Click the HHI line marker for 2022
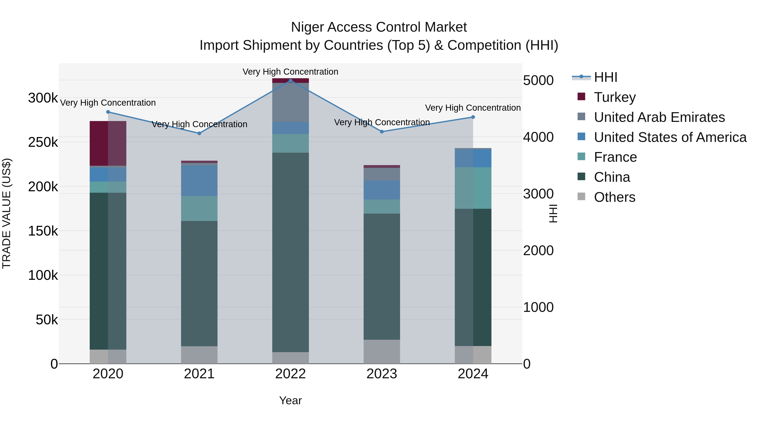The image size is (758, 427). tap(290, 81)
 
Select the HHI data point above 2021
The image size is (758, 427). tap(199, 133)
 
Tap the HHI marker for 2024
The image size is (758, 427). tap(473, 117)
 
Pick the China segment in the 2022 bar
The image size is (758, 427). tap(290, 252)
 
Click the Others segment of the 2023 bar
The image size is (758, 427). tap(382, 351)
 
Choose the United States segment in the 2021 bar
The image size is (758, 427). tap(199, 181)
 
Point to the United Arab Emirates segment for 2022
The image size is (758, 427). tap(290, 102)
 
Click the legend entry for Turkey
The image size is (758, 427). tap(615, 97)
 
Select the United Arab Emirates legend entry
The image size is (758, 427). tap(659, 117)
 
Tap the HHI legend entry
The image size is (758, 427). tap(605, 77)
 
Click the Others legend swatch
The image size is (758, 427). tap(581, 196)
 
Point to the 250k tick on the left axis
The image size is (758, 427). tap(43, 142)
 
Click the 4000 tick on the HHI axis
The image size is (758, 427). tap(538, 137)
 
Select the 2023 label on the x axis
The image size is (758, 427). tap(382, 374)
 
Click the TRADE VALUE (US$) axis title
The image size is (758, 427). tap(7, 213)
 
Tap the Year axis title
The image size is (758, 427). tap(290, 400)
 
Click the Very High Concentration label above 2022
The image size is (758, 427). tap(290, 72)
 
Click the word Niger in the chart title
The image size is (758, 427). tap(307, 27)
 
